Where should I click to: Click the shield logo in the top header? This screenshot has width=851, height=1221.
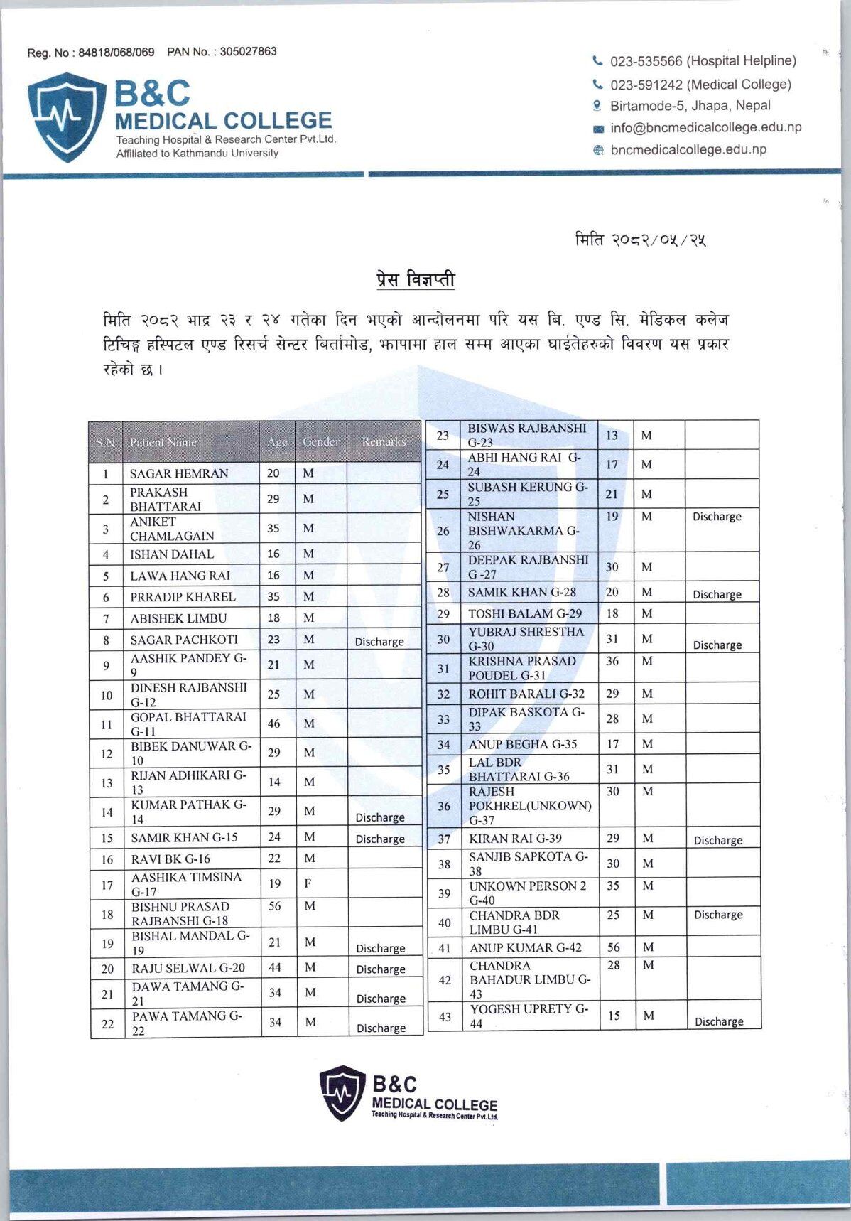click(67, 117)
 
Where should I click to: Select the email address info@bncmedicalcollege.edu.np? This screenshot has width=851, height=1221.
click(705, 128)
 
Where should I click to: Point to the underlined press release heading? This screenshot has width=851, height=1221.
click(416, 279)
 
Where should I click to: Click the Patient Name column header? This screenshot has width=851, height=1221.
click(163, 442)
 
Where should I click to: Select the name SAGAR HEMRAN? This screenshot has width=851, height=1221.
click(179, 473)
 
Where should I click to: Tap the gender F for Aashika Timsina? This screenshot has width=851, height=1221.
click(308, 884)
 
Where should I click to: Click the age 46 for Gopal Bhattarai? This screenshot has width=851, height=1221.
click(273, 724)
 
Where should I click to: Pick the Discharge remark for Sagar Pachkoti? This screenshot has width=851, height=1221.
click(379, 642)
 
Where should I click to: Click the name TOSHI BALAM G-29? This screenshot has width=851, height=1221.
click(524, 613)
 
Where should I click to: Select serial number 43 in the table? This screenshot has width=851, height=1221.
click(445, 1016)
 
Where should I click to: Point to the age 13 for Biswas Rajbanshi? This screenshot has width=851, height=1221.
click(612, 436)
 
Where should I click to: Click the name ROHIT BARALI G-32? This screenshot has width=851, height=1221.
click(526, 694)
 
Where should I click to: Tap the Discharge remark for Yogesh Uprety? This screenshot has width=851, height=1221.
click(719, 1021)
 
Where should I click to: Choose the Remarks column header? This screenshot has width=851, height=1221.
click(384, 442)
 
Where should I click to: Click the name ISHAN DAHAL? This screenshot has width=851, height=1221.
click(172, 554)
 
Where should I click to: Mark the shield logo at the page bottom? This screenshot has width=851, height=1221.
click(342, 1093)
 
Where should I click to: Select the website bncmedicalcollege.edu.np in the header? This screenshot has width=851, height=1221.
click(688, 150)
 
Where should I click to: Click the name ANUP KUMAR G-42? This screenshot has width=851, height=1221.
click(525, 947)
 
